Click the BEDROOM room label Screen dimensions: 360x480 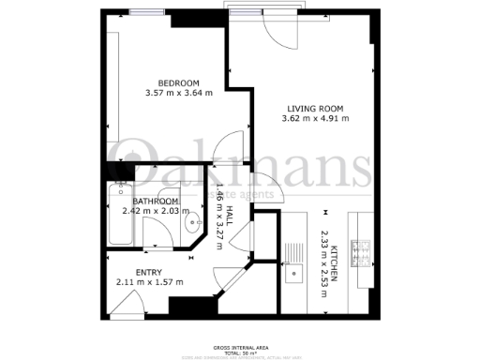point(178,82)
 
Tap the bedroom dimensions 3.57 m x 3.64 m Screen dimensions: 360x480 point(178,93)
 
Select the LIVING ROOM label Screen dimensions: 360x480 point(317,107)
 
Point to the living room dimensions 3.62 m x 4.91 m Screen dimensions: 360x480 point(317,118)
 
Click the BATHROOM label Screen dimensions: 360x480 point(156,201)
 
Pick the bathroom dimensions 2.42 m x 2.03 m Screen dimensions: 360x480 point(156,211)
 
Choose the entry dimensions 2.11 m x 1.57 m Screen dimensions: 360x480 point(150,281)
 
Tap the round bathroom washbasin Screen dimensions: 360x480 point(193,222)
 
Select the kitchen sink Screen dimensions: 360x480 point(292,274)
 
